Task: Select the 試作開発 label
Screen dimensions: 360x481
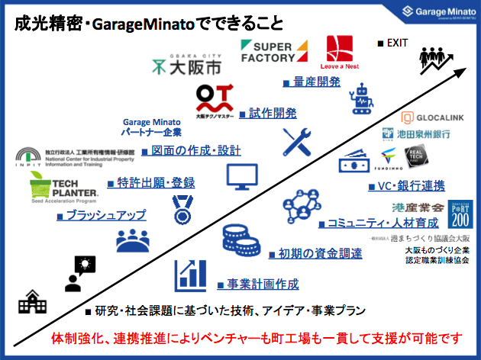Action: coord(272,113)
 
